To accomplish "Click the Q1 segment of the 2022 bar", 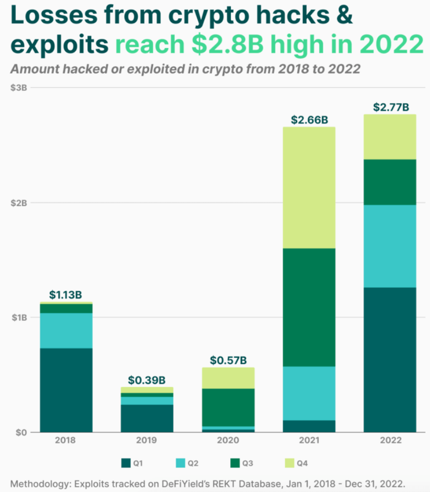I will tap(389, 360).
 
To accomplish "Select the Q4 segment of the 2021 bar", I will tap(309, 188).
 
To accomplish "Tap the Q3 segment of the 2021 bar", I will tap(309, 307).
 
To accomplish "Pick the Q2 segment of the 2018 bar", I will tap(66, 330).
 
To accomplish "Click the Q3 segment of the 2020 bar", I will tap(228, 407).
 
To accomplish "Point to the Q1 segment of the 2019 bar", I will tap(147, 418).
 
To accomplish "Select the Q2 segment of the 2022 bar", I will tap(389, 246).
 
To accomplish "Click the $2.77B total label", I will tap(390, 107).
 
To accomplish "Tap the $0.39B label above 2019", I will tap(147, 380).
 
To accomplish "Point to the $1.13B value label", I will tap(65, 295).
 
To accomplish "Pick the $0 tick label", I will tap(20, 432).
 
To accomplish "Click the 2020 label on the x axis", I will tap(228, 440).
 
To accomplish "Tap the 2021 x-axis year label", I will tap(309, 440).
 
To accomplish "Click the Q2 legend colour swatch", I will tap(180, 463).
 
